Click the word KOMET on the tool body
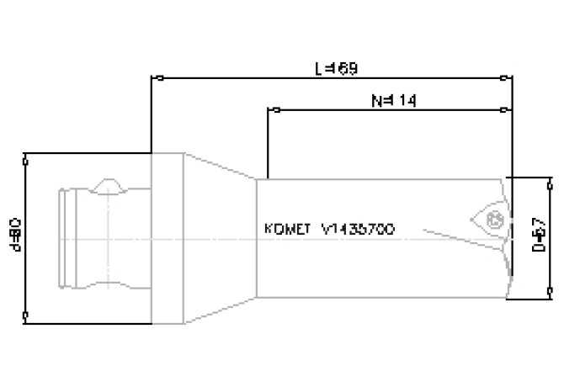coord(287,229)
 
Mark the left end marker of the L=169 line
coord(152,79)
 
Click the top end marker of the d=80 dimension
coord(27,156)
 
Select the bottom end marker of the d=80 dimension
coord(27,317)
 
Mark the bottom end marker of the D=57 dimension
coord(550,294)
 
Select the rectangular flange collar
coord(167,237)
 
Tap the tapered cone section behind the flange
coord(219,237)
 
